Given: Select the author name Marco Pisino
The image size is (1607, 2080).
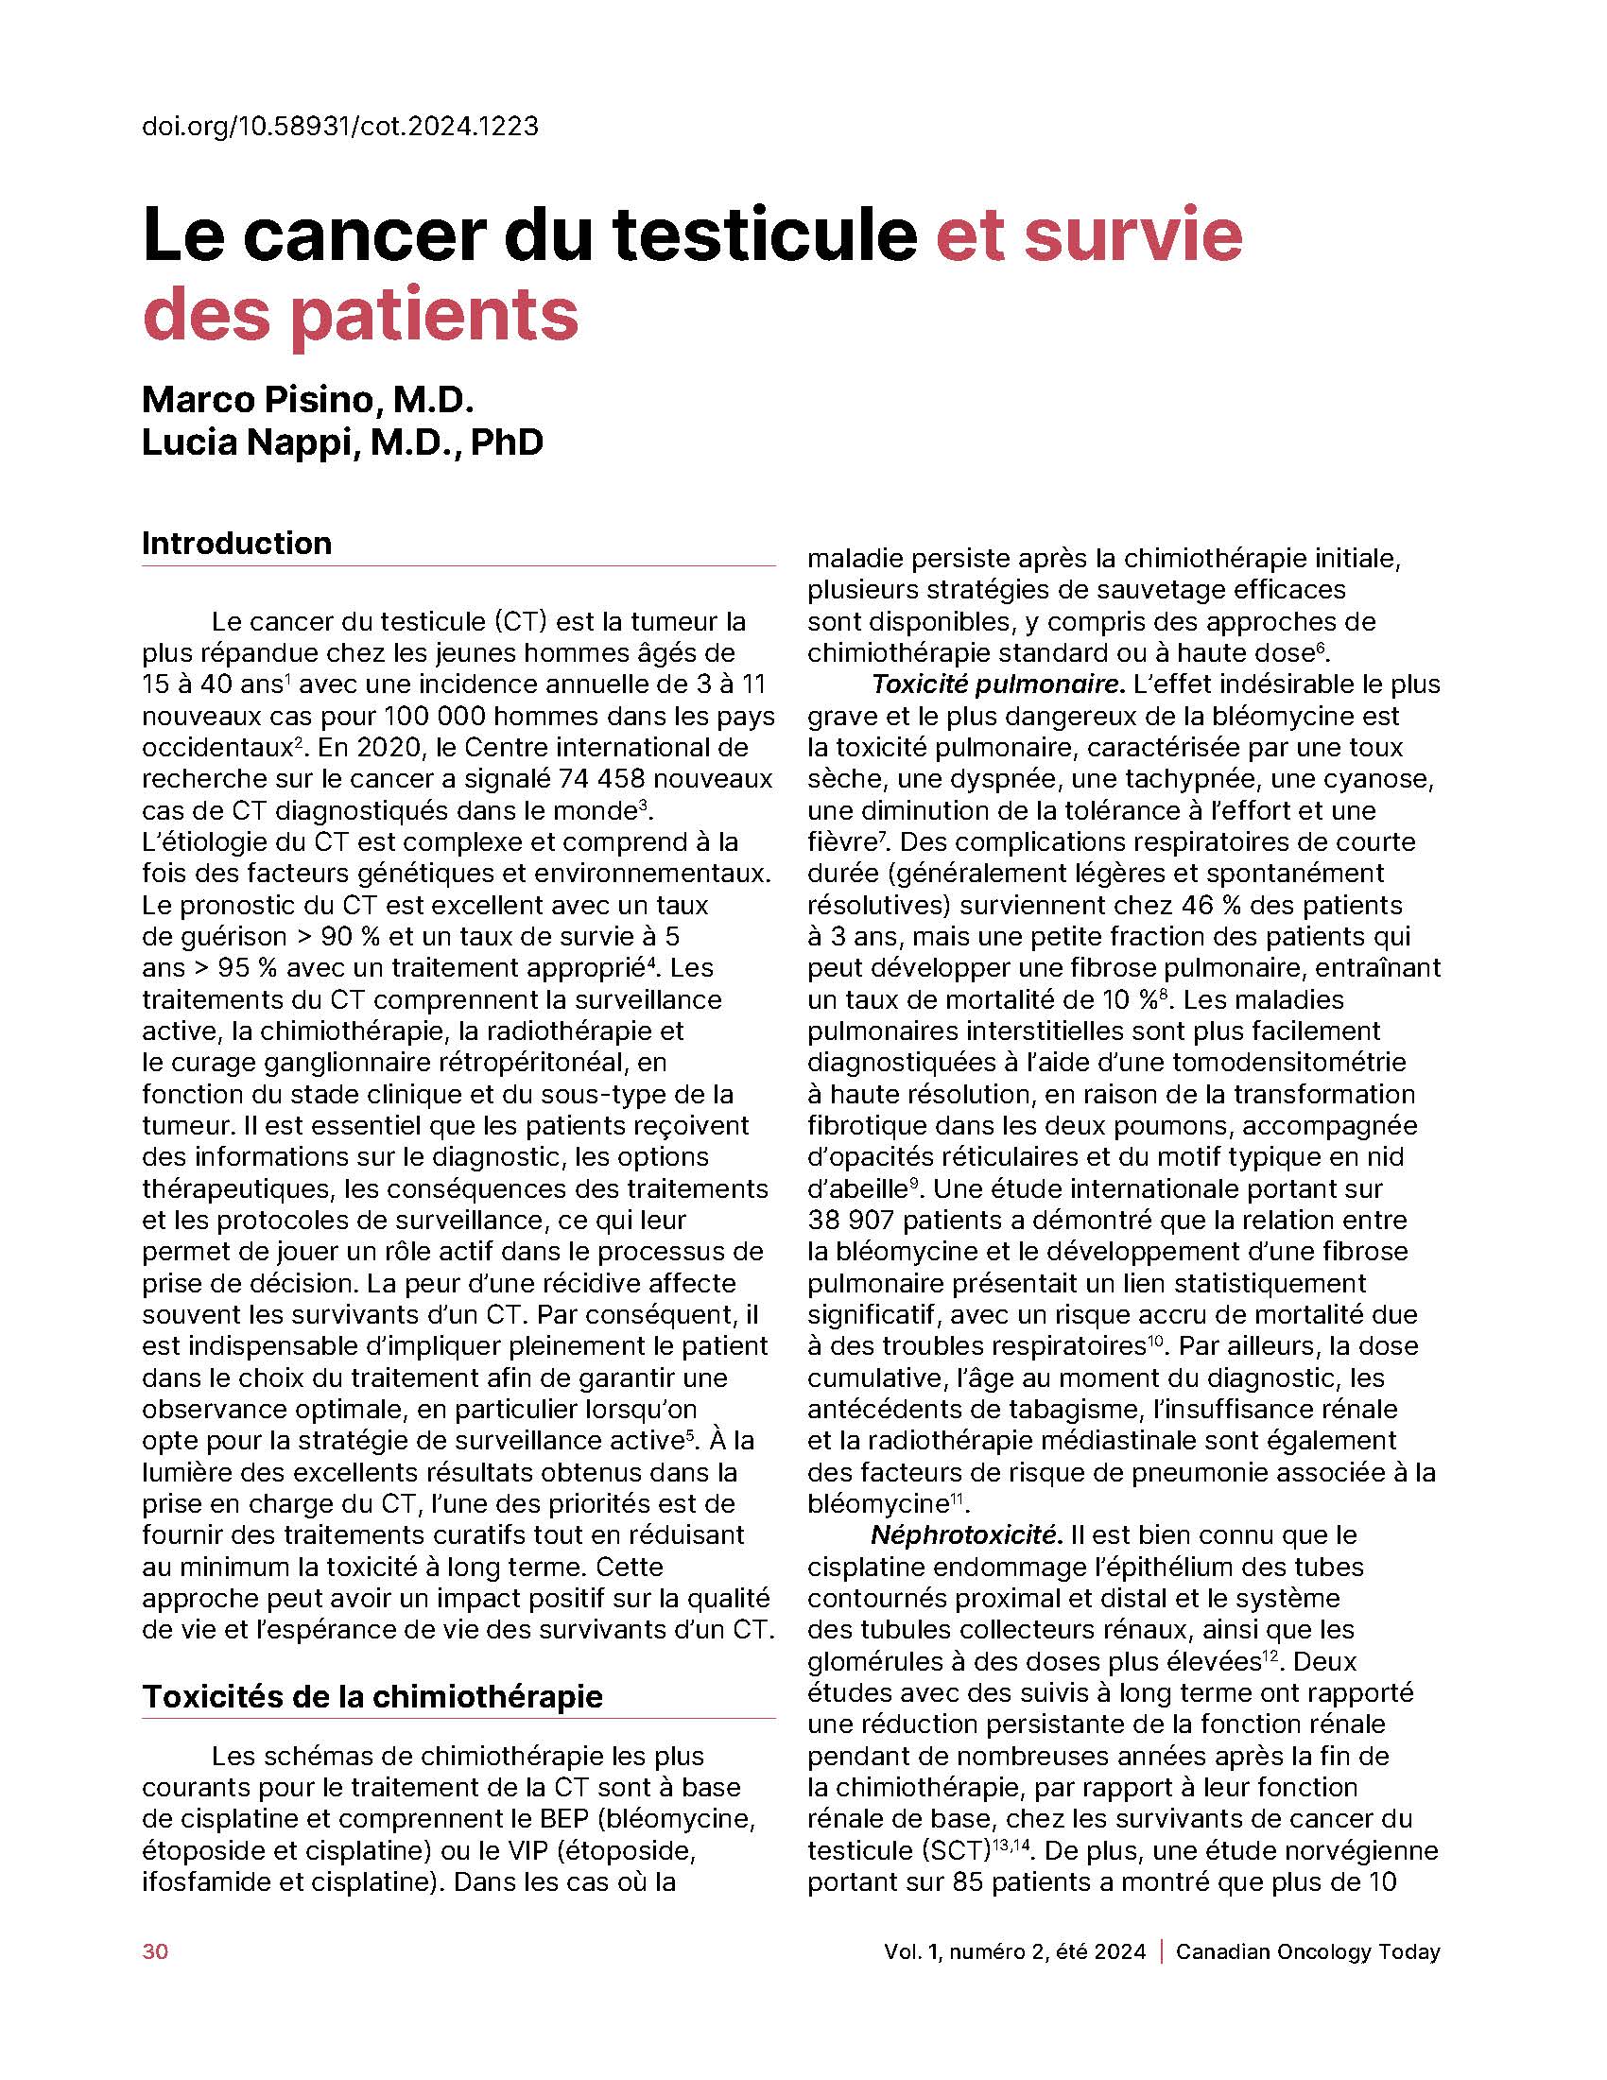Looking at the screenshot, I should [x=306, y=399].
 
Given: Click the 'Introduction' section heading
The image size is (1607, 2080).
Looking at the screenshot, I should [x=236, y=544].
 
